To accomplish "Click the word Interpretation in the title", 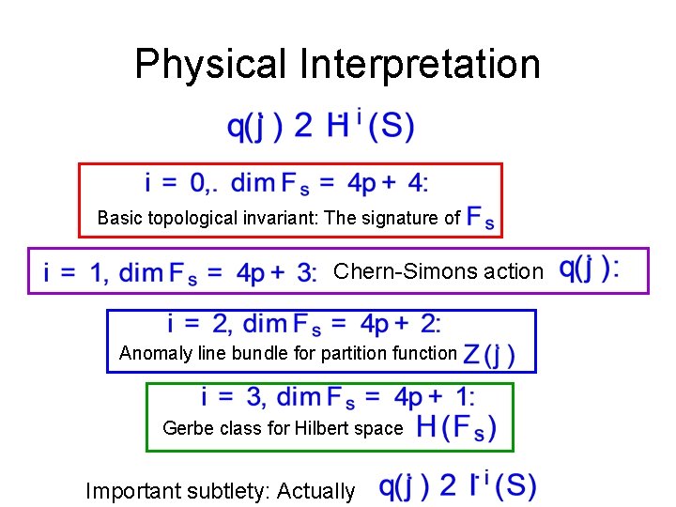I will coord(420,64).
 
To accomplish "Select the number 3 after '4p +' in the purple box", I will coord(304,273).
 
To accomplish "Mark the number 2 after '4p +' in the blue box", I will coord(428,325).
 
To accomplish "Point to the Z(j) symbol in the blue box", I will coord(496,355).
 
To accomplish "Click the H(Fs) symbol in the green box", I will coord(455,429).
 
